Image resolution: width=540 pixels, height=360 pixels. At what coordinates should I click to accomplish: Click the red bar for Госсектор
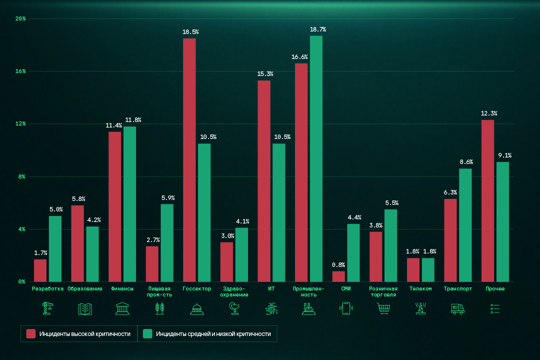coord(189,160)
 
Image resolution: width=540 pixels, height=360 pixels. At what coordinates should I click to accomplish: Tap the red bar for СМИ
coord(338,276)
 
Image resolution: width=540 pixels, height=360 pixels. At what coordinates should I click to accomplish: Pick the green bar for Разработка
coord(55,248)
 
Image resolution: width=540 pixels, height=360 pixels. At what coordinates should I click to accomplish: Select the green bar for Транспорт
coord(465,225)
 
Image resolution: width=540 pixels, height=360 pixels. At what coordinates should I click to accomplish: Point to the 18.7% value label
coord(318,29)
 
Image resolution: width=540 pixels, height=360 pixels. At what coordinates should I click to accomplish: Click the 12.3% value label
coord(489,113)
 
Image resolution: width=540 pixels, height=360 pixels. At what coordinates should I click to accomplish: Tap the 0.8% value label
coord(338,265)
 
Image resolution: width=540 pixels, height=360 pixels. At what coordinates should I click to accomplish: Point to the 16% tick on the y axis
coord(20,71)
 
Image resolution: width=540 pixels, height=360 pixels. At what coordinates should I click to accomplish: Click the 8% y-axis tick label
coord(22,176)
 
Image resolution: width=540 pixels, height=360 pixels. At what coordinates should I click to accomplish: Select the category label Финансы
coord(122,288)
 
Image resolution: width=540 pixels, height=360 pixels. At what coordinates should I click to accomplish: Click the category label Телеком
coord(420,288)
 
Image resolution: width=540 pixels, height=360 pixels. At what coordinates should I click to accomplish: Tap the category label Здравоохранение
coord(234,291)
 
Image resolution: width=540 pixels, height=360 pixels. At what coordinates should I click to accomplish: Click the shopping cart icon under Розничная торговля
coord(383,308)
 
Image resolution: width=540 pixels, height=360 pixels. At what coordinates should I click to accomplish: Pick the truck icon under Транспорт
coord(457,308)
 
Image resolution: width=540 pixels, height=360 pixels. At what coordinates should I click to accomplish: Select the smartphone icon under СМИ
coord(346,308)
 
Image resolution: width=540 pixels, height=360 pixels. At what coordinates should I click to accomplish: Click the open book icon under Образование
coord(85,308)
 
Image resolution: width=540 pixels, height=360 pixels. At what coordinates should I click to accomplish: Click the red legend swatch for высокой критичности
coord(31,333)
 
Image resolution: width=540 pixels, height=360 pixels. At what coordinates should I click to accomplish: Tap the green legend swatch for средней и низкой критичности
coord(147,333)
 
